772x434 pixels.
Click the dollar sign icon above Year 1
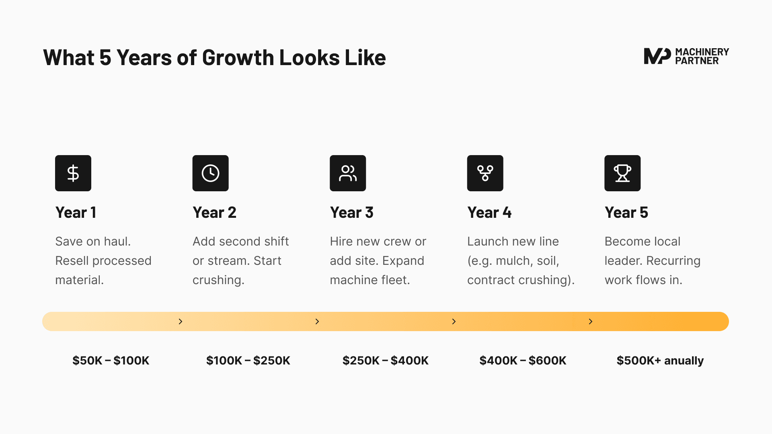(x=73, y=173)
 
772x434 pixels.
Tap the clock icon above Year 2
(x=210, y=173)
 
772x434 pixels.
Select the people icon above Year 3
(x=348, y=173)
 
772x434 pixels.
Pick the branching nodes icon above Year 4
(x=485, y=173)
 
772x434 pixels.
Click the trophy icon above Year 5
(x=622, y=173)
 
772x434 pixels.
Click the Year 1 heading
(x=76, y=213)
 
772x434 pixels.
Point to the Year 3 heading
(x=352, y=213)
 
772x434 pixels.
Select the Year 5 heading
(x=626, y=213)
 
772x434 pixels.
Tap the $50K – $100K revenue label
(x=111, y=360)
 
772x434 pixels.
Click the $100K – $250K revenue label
(x=248, y=360)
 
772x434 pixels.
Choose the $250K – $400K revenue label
(x=386, y=360)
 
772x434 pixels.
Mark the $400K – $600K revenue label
(x=523, y=360)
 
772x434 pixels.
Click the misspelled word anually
(x=684, y=361)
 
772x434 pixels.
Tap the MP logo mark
(x=657, y=56)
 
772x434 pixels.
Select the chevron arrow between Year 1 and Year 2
(x=181, y=321)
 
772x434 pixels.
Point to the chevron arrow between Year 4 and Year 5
(x=591, y=321)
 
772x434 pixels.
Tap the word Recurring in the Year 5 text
(x=673, y=261)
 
